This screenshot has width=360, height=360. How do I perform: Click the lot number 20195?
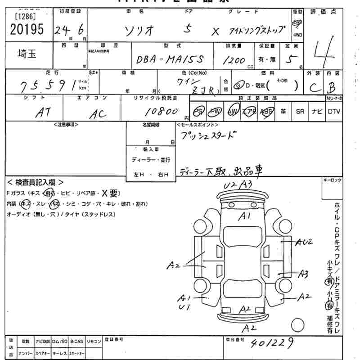[x=26, y=30]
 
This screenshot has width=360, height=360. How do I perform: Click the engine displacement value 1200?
[x=235, y=60]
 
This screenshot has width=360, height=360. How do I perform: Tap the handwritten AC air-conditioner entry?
[x=98, y=114]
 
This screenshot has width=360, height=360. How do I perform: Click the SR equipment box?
[x=300, y=111]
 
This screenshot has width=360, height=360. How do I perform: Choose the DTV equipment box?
[x=333, y=111]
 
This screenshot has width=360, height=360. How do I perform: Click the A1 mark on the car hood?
[x=245, y=216]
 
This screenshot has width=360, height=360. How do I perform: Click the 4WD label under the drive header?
[x=297, y=34]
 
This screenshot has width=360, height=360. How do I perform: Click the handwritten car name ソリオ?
[x=140, y=31]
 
